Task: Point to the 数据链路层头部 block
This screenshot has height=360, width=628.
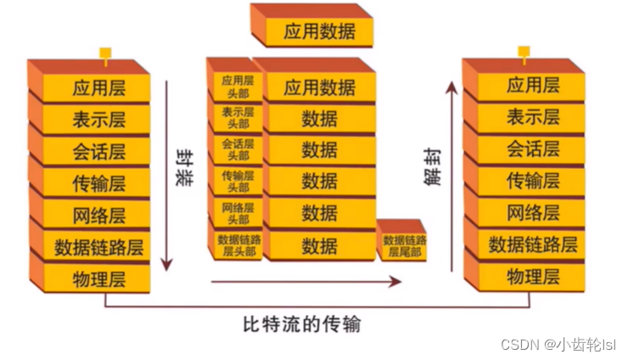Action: [238, 245]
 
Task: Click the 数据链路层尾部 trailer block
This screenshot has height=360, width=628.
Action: [404, 246]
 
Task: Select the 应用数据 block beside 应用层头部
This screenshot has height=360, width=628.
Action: [319, 87]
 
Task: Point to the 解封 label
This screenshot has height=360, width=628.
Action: [435, 167]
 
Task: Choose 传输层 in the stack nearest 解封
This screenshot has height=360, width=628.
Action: [533, 180]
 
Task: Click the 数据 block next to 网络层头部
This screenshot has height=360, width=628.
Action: [319, 212]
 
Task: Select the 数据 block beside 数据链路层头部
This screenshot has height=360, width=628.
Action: [319, 245]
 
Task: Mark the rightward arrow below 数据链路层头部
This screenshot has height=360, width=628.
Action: [289, 281]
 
